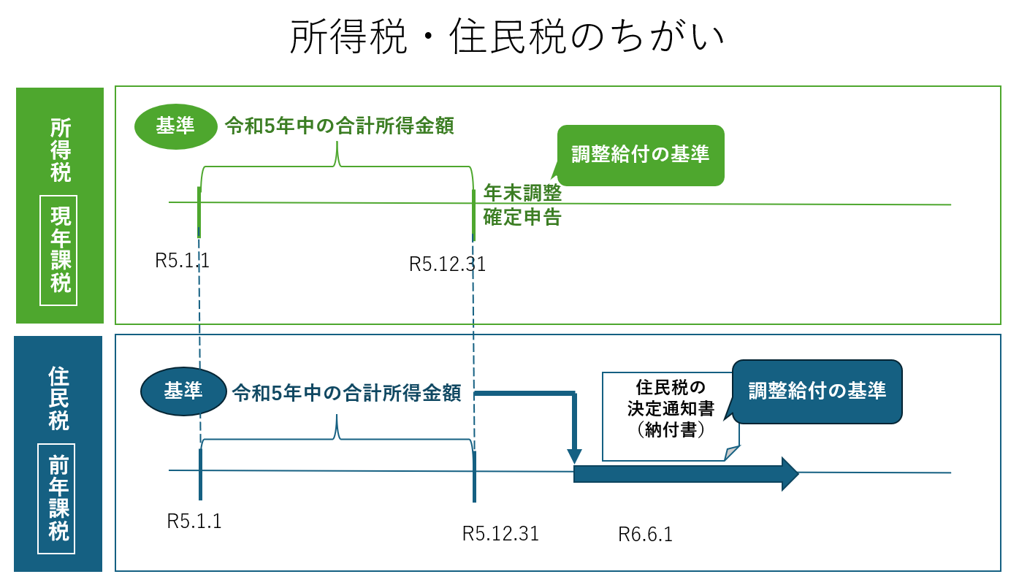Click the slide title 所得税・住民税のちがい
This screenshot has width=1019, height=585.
pos(508,38)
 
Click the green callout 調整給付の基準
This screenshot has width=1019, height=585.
pos(640,155)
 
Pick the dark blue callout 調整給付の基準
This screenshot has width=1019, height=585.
pos(817,391)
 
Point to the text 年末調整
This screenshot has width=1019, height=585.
pos(522,194)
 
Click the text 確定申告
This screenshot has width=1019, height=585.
pos(522,218)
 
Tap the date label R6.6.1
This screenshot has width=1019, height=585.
pos(645,535)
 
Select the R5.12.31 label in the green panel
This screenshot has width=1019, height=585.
pos(448,264)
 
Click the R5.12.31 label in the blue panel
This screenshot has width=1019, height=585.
pos(500,533)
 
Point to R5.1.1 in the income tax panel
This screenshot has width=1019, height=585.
pos(183,261)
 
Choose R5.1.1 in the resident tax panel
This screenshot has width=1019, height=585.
pos(194,521)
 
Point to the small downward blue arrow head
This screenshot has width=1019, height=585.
pos(575,455)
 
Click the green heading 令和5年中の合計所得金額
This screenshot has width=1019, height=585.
pos(340,126)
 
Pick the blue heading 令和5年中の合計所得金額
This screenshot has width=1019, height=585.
pos(346,393)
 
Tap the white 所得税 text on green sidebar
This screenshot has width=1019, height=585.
pos(61,150)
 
